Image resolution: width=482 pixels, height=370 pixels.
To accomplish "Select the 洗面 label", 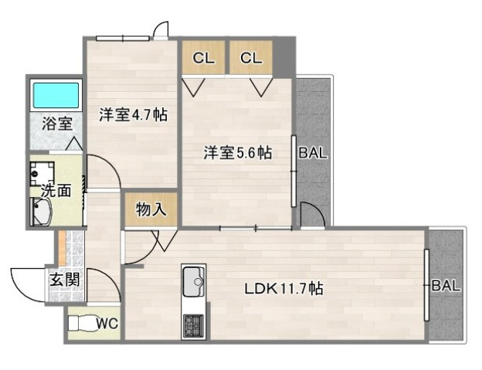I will [x=56, y=189].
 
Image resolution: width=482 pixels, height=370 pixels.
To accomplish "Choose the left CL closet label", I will [x=204, y=57].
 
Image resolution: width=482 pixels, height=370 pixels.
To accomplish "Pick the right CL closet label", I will [x=250, y=57].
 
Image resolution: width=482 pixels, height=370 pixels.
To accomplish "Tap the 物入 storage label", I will [x=150, y=209].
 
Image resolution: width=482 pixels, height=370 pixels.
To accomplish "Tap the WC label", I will [x=107, y=324].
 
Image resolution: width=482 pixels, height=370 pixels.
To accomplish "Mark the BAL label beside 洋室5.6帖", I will [x=313, y=153].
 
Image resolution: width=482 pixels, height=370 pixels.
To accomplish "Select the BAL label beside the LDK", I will [x=446, y=285].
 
